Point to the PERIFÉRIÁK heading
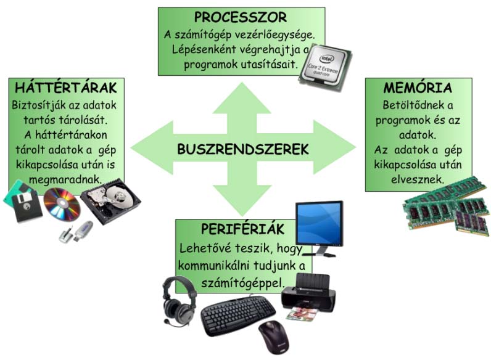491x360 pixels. coord(242,229)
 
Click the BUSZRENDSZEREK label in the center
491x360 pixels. coord(243,149)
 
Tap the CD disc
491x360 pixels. coord(60,205)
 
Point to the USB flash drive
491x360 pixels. coord(75,231)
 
